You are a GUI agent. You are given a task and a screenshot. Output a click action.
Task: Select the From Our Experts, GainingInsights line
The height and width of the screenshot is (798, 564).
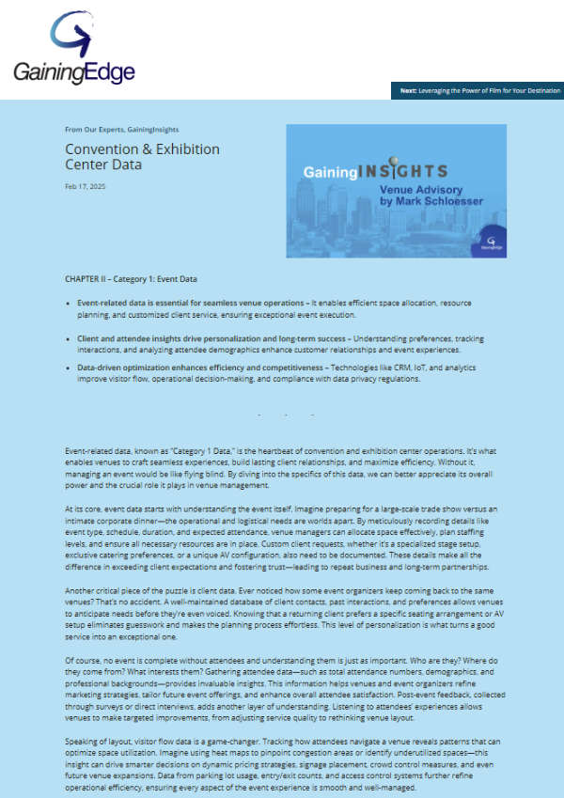click(121, 129)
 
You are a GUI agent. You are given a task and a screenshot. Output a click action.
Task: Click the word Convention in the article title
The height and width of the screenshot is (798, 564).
click(104, 149)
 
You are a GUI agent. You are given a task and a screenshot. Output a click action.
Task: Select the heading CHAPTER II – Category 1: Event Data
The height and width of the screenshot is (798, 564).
click(131, 279)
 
